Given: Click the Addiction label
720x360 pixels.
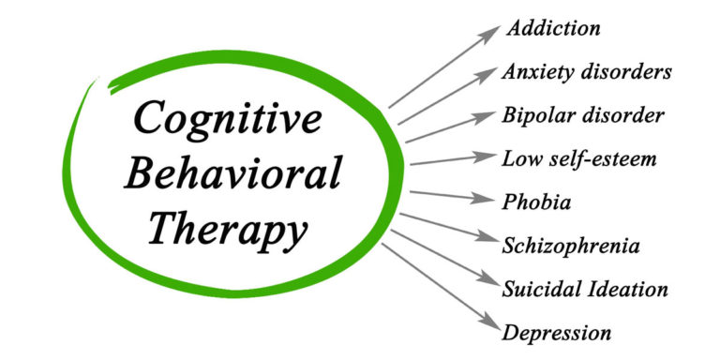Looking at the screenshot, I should click(553, 28).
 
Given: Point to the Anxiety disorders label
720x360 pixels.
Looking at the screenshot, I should click(587, 71).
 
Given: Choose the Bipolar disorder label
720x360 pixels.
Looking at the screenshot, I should click(583, 115).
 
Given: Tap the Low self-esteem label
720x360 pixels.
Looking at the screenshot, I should click(579, 158).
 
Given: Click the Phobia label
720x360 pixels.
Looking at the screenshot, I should click(537, 202).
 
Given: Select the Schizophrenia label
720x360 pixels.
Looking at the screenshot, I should click(571, 246).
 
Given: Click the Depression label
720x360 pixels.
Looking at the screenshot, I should click(557, 332).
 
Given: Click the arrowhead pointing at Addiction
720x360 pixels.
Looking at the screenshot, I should click(490, 33).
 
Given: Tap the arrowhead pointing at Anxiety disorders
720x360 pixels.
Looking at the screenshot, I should click(488, 75).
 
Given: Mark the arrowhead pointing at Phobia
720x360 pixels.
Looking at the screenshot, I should click(488, 201).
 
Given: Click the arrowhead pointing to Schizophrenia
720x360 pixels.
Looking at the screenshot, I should click(488, 241).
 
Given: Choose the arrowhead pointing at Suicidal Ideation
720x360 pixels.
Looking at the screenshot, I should click(488, 282).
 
